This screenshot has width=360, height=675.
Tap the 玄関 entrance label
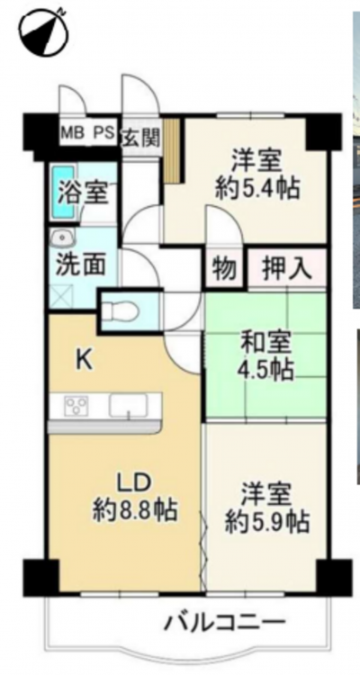click(x=141, y=139)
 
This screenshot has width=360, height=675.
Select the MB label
click(x=72, y=131)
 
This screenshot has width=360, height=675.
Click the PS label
click(x=103, y=131)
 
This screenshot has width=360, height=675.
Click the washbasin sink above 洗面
click(x=63, y=238)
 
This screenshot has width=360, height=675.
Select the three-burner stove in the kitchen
click(x=76, y=406)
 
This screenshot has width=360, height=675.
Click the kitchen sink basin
click(x=129, y=406)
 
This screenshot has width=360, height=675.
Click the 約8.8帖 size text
click(x=135, y=511)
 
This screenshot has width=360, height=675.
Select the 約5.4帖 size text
click(x=257, y=188)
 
